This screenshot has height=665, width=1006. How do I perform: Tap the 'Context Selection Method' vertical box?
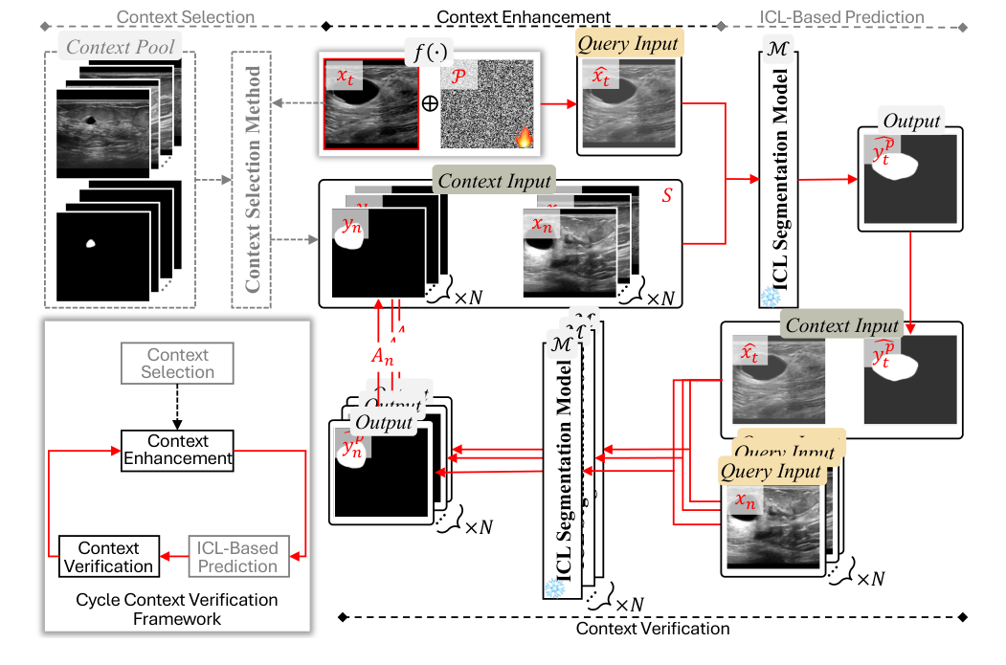pyautogui.click(x=253, y=178)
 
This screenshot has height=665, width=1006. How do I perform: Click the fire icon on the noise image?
pyautogui.click(x=524, y=138)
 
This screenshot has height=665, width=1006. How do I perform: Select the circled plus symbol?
pyautogui.click(x=430, y=101)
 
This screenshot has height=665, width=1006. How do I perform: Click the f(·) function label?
pyautogui.click(x=430, y=55)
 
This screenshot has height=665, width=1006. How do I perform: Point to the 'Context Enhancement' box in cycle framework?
pyautogui.click(x=178, y=450)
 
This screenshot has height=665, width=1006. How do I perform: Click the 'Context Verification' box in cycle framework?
pyautogui.click(x=108, y=557)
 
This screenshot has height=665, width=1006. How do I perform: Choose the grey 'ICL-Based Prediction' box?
pyautogui.click(x=236, y=557)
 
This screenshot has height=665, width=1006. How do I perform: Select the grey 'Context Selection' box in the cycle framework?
pyautogui.click(x=178, y=363)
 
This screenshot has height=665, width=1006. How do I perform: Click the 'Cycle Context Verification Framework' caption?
pyautogui.click(x=178, y=610)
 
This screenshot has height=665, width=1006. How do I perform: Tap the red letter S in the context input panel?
pyautogui.click(x=667, y=195)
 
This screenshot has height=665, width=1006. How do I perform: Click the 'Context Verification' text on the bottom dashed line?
pyautogui.click(x=652, y=630)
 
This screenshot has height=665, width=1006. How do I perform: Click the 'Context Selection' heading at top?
pyautogui.click(x=188, y=16)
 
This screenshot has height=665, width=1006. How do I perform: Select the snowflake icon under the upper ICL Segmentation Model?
pyautogui.click(x=770, y=297)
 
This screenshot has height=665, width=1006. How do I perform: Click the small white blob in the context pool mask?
pyautogui.click(x=91, y=244)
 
